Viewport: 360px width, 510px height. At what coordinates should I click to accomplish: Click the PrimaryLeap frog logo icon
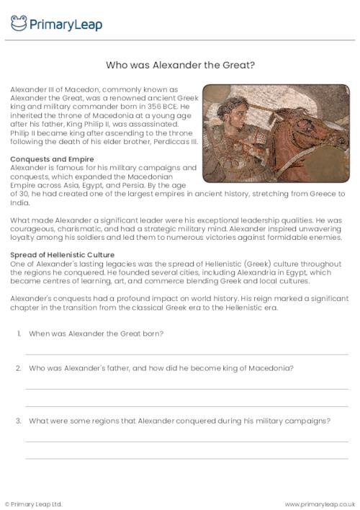(x=19, y=24)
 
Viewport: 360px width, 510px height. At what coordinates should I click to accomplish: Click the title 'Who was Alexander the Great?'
(x=180, y=65)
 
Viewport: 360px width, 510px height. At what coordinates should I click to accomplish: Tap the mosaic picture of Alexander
(x=275, y=122)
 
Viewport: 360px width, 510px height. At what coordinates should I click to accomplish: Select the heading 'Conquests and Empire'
(x=46, y=158)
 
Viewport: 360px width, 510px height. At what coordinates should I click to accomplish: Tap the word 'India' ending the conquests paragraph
(x=19, y=202)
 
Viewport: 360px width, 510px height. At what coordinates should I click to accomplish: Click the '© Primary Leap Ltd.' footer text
(x=33, y=503)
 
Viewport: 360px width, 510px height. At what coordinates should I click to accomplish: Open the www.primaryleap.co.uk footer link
(x=320, y=503)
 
